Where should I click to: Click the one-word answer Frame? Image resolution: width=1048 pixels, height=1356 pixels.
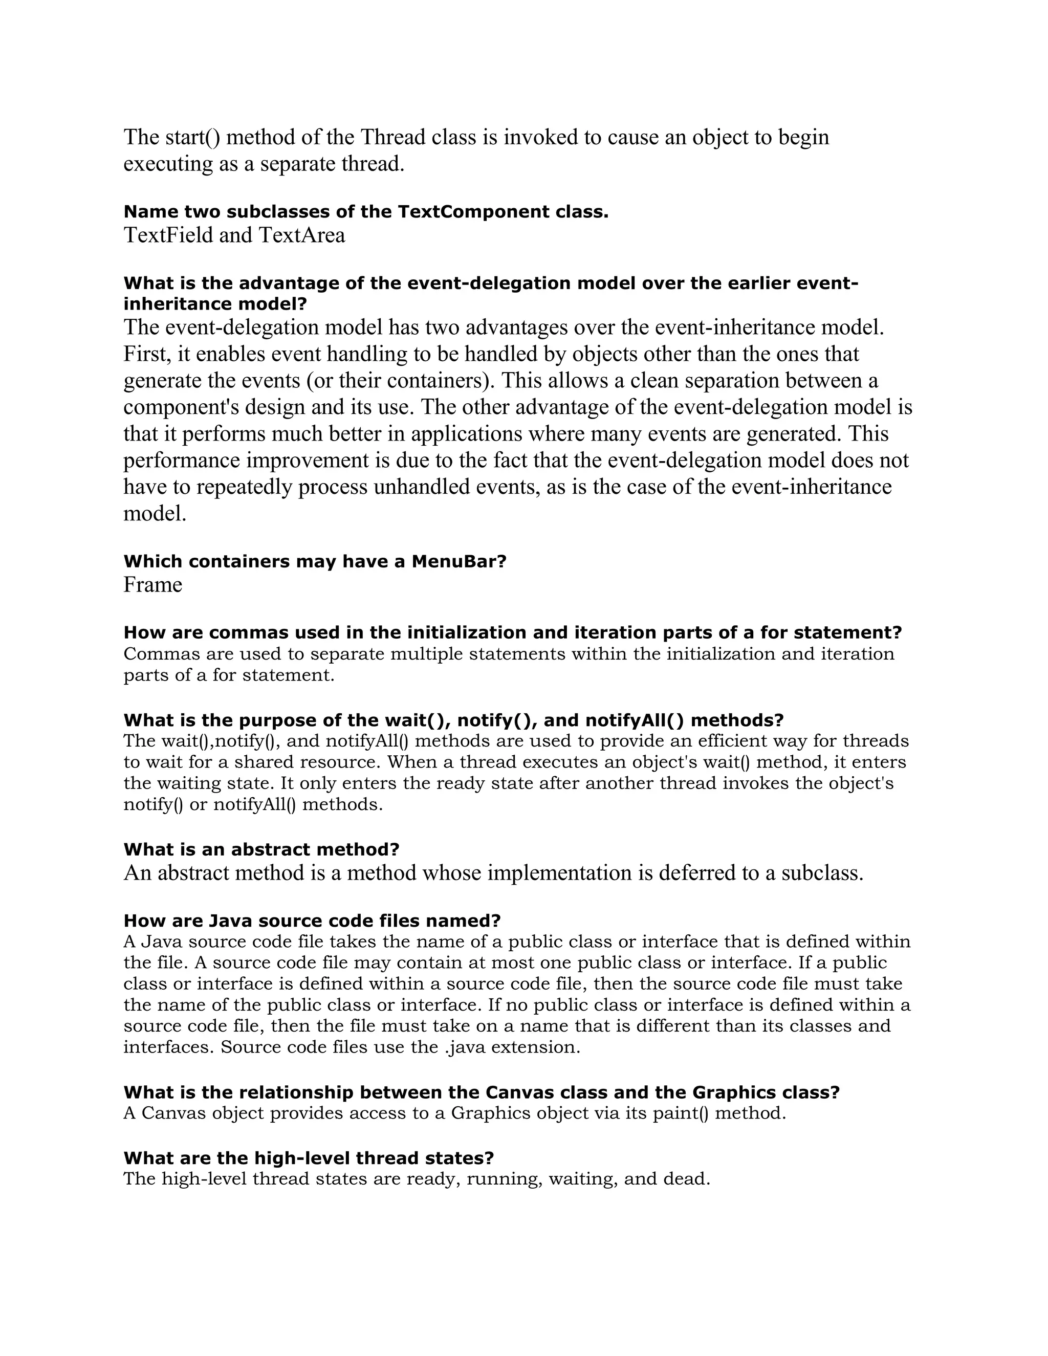(x=152, y=585)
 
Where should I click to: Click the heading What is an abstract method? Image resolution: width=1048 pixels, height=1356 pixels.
(x=261, y=849)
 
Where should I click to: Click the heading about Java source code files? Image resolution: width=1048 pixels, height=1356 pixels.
(x=312, y=920)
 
